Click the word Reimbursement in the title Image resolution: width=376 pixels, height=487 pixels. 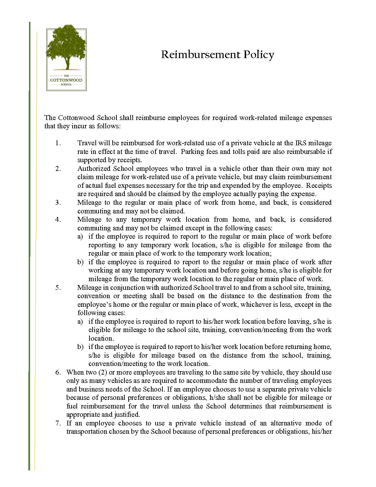[200, 55]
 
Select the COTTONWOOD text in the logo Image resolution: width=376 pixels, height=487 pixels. [66, 80]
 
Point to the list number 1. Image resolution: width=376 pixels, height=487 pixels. [58, 143]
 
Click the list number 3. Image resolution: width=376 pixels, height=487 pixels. [58, 203]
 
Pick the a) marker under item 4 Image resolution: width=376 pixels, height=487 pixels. [80, 237]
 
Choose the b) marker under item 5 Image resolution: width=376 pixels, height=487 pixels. [80, 347]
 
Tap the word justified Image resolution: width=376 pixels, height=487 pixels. [127, 415]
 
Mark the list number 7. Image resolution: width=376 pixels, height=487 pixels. [58, 423]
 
